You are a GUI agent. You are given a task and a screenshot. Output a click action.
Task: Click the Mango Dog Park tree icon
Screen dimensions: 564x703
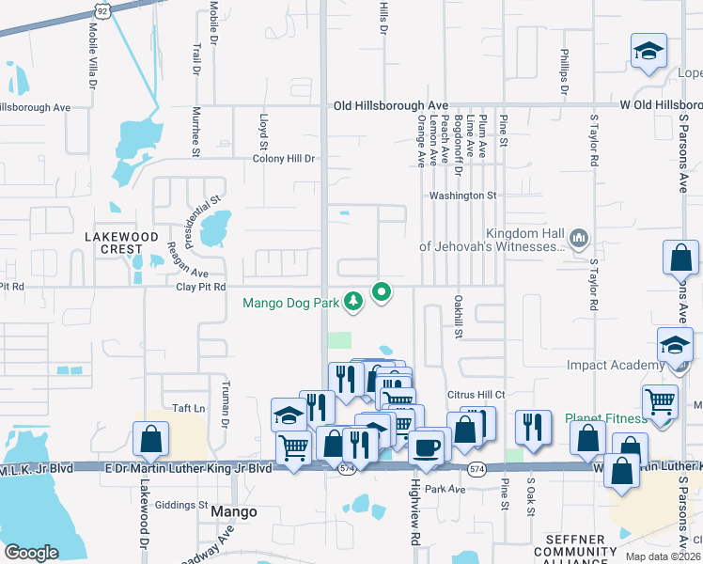click(353, 302)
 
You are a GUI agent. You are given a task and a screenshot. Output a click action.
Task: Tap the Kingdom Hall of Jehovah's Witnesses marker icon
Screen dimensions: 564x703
click(579, 240)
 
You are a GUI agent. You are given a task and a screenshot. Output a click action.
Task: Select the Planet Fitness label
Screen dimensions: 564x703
click(606, 419)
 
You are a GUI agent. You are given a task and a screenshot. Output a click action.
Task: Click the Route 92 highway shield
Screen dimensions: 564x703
click(100, 11)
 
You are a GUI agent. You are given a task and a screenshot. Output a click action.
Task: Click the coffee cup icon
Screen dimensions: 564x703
click(426, 447)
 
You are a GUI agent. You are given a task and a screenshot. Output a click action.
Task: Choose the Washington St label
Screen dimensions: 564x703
click(462, 196)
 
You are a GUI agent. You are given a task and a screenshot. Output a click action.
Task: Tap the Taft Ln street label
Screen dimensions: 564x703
click(188, 409)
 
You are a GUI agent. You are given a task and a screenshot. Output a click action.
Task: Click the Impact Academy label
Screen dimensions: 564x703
click(616, 365)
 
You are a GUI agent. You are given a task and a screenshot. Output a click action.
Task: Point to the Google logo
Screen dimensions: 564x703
click(31, 552)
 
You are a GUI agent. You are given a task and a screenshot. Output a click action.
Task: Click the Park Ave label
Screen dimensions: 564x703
click(445, 490)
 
